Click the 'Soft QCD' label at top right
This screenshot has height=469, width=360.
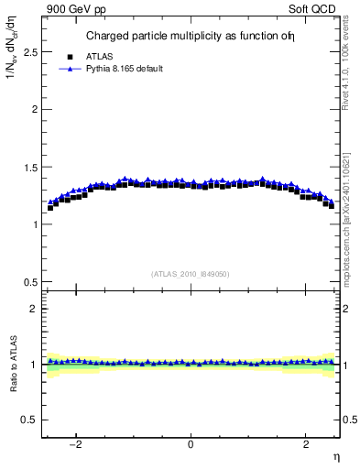(x=316, y=8)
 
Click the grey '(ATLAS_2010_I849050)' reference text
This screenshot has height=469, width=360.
(x=191, y=274)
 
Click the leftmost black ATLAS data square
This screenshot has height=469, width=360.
(x=50, y=208)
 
